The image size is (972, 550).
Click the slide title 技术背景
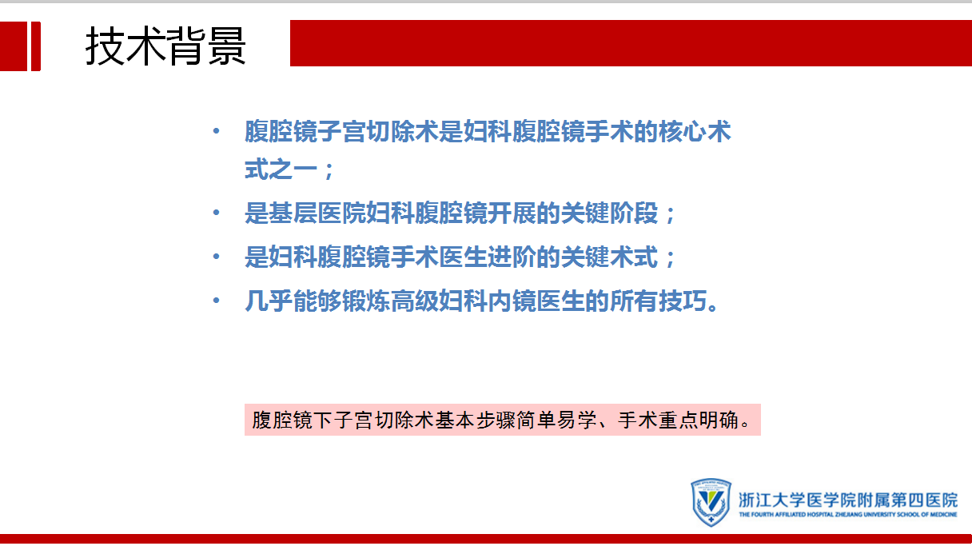(165, 46)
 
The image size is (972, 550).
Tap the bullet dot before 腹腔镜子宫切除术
(216, 130)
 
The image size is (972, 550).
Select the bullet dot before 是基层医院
(216, 213)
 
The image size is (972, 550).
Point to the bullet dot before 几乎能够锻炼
(216, 301)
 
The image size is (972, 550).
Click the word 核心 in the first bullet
(683, 132)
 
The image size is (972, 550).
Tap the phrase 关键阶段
(610, 213)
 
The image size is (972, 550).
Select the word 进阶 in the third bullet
(512, 257)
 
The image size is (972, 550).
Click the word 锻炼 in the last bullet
(366, 301)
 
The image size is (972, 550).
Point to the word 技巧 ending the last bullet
(683, 301)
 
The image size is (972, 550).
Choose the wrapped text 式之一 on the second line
(281, 169)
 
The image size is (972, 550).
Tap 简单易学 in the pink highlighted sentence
(568, 420)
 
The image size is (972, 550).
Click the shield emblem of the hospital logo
(711, 502)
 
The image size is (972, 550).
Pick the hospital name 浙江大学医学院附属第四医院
(848, 500)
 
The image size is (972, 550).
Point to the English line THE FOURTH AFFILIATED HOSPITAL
(848, 515)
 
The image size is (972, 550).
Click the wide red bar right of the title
(631, 43)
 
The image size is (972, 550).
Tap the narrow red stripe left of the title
(36, 46)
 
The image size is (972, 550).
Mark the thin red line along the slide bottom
(486, 539)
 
